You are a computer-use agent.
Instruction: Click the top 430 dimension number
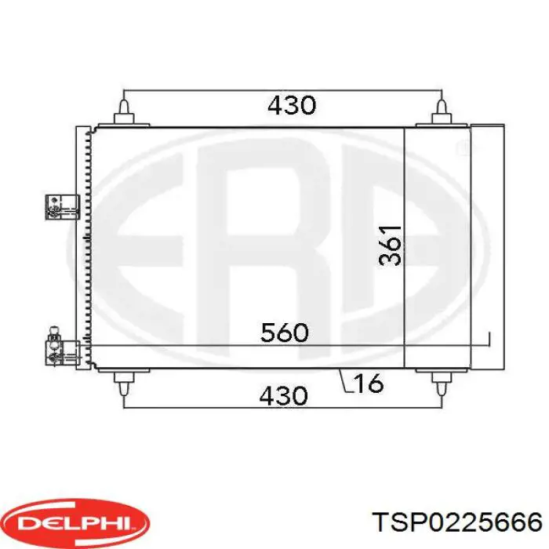click(292, 105)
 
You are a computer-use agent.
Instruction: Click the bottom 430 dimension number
click(284, 395)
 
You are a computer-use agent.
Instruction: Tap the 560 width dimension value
click(285, 333)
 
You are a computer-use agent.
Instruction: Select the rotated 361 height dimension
click(390, 245)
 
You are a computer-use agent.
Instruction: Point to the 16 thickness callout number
click(369, 383)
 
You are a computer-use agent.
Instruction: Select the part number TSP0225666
click(457, 523)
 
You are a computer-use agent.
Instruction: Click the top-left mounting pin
click(124, 111)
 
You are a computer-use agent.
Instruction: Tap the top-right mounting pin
click(442, 111)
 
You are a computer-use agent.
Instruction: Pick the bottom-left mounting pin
click(124, 383)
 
